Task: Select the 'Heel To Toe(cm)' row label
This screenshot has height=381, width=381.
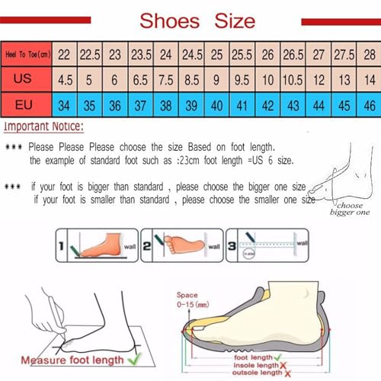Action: point(27,54)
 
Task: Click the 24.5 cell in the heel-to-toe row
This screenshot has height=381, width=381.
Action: point(191,54)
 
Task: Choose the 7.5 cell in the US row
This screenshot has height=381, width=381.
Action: point(165,79)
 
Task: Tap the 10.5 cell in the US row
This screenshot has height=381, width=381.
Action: point(293,79)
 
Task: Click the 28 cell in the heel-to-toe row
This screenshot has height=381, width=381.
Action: point(370,54)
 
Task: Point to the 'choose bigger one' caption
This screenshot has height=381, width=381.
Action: point(354,210)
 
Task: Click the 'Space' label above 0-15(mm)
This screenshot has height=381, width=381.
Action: point(187,295)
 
